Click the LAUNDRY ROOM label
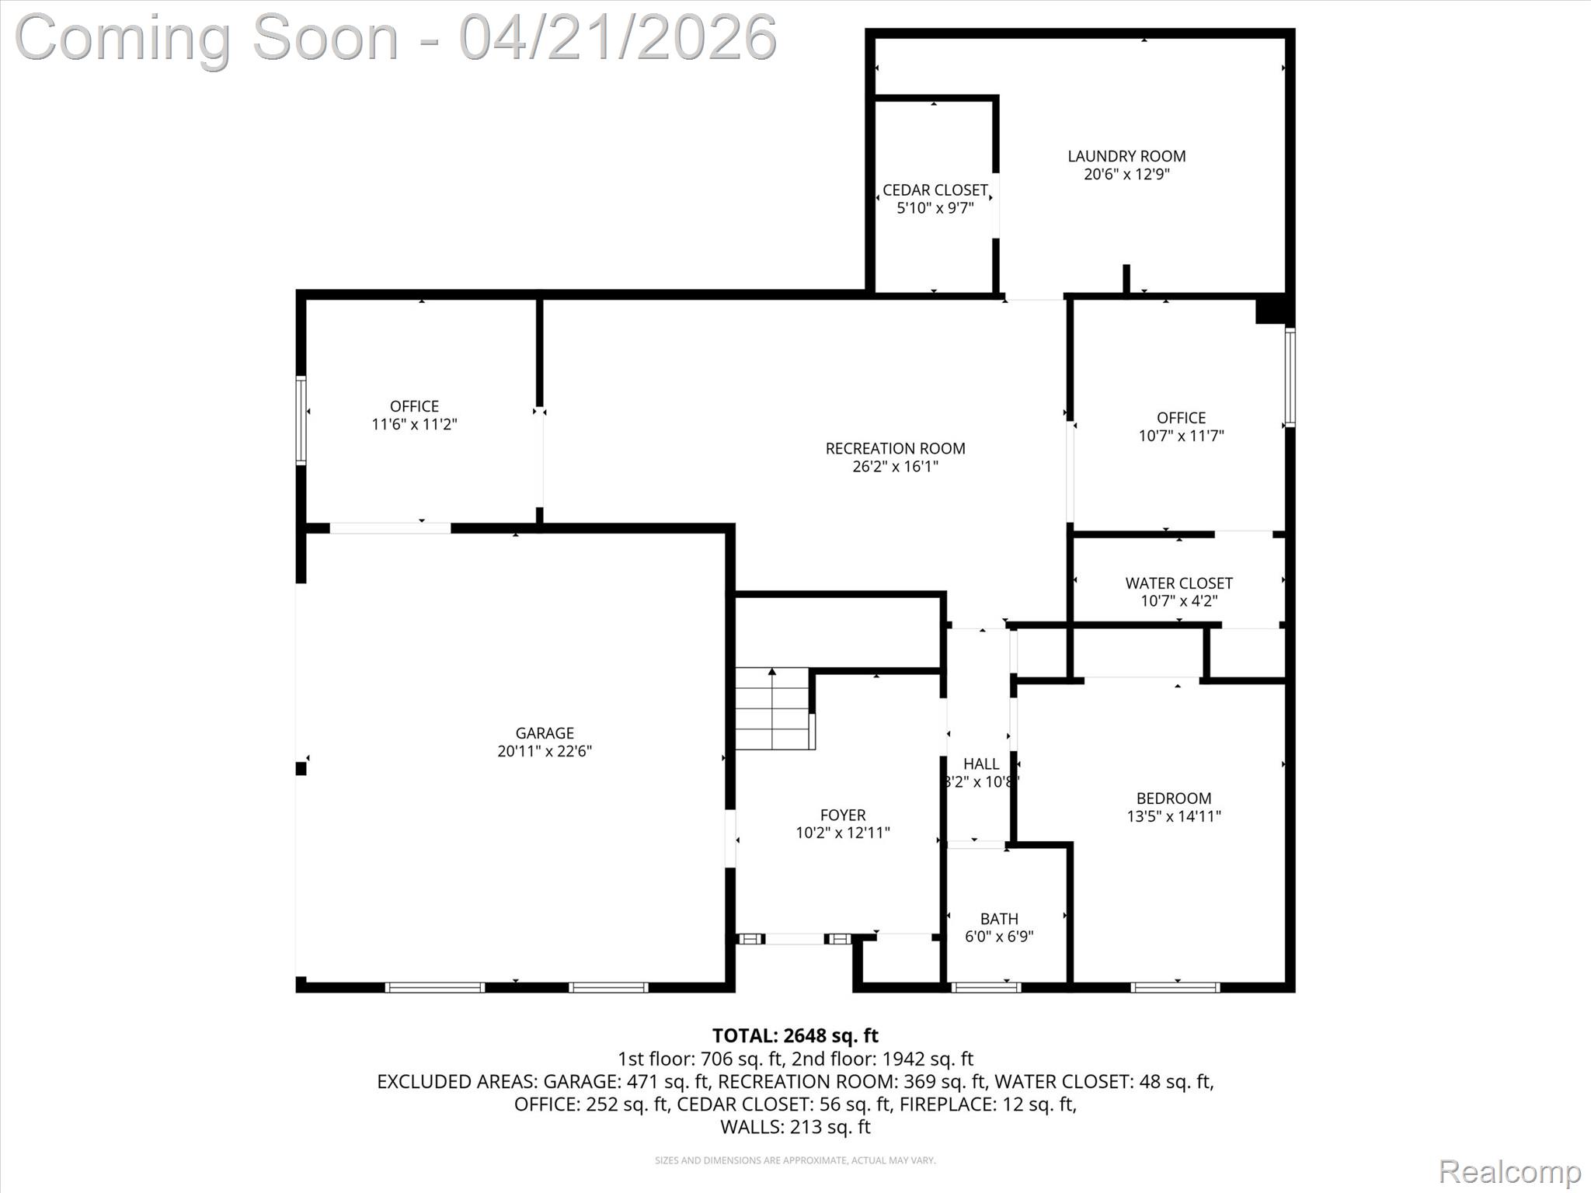[1126, 156]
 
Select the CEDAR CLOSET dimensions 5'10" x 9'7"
[935, 208]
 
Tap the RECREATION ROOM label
[895, 448]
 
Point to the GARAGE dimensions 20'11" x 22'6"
[545, 751]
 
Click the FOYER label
[842, 815]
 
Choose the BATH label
[998, 919]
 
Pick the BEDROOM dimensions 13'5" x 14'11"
[1173, 816]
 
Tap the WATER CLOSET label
[1178, 583]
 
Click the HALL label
[980, 763]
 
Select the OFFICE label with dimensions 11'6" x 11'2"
[414, 406]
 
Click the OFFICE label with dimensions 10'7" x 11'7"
[1181, 418]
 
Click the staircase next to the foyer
[773, 708]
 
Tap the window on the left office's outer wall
[301, 420]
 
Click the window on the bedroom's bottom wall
[1175, 987]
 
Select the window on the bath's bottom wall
[985, 987]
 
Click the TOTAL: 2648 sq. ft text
[795, 1035]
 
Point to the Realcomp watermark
[1509, 1170]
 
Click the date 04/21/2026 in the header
[618, 37]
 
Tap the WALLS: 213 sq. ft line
[795, 1127]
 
